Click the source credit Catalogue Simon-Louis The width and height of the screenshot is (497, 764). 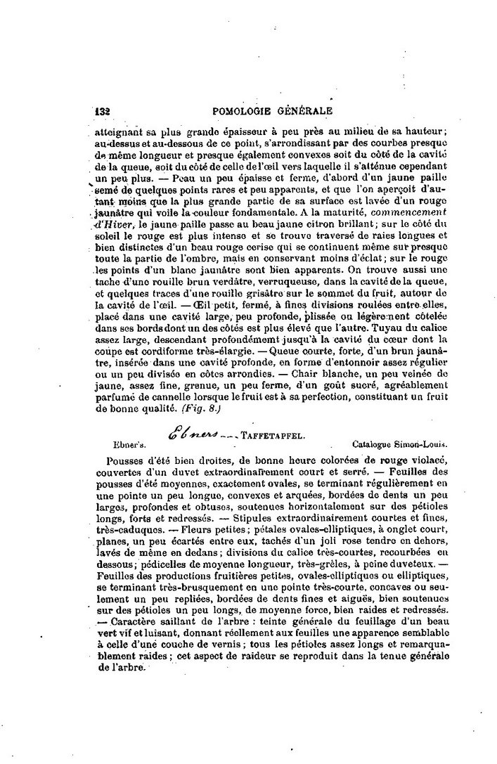click(399, 444)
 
